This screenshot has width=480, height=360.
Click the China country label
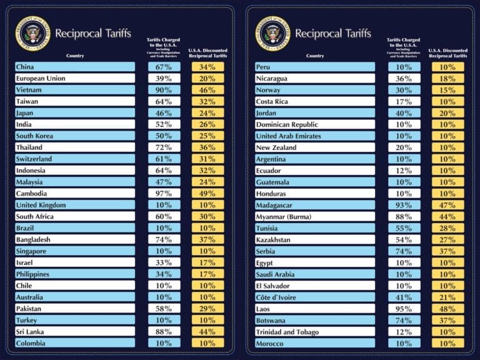25,67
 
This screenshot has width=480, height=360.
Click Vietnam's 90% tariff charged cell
164,90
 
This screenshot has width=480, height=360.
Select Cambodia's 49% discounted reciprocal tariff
207,194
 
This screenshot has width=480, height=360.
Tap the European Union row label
41,79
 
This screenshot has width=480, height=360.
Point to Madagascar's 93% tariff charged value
404,205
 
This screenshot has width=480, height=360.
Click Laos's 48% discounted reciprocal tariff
447,309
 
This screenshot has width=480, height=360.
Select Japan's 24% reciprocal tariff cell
207,113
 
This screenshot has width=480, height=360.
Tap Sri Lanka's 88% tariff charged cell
164,332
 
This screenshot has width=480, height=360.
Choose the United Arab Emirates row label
288,136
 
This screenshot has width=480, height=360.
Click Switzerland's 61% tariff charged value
164,159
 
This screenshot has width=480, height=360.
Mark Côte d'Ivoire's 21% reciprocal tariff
447,297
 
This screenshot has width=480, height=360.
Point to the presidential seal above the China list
32,33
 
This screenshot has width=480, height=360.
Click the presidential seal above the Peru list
273,33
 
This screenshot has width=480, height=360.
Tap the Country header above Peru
315,56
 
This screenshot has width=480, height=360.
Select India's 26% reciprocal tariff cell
207,124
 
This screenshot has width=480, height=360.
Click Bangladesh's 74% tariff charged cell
164,240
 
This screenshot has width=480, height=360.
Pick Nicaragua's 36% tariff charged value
404,79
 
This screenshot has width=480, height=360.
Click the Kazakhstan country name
273,240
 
